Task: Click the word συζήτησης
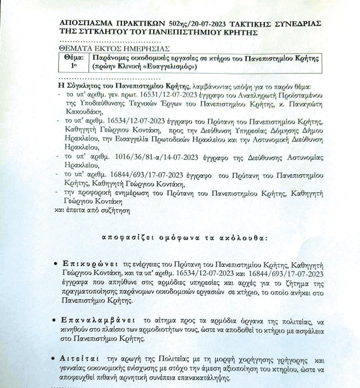(115, 210)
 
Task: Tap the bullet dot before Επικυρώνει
(57, 265)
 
